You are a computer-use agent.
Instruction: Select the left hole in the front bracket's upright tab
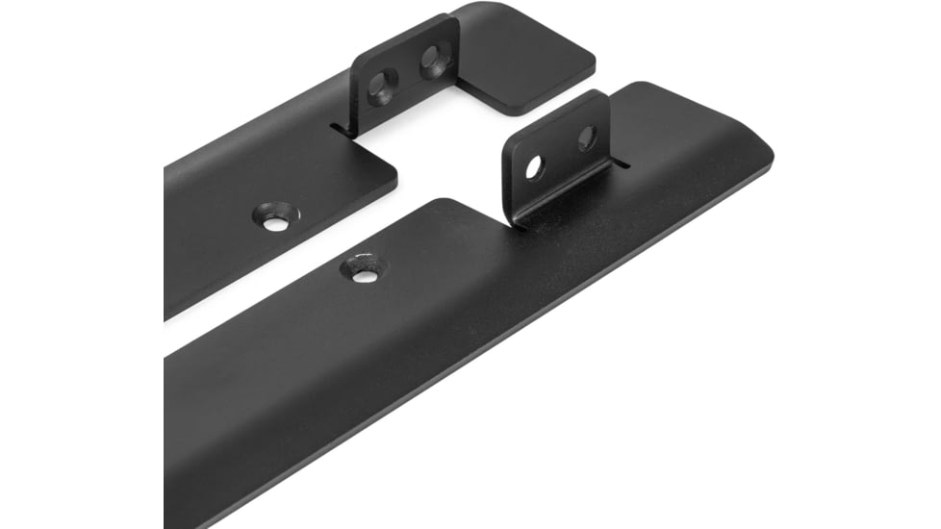[534, 166]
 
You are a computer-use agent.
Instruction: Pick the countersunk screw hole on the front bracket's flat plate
[365, 273]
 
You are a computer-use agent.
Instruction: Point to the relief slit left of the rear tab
[339, 125]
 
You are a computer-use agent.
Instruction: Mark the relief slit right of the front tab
[622, 164]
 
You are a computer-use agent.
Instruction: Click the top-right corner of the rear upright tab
[452, 19]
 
